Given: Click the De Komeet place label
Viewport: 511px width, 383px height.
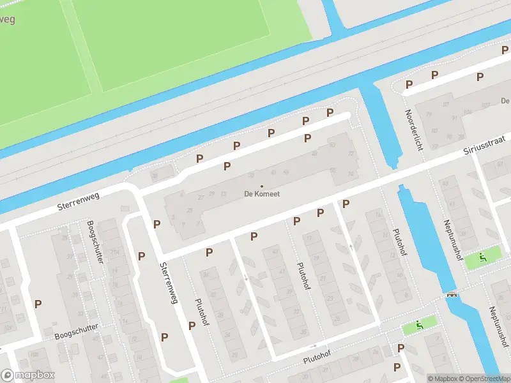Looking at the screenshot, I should pos(262,194).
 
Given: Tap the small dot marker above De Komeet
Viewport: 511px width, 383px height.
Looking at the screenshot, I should pos(262,186).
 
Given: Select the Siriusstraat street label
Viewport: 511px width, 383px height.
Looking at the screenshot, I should pos(484,146).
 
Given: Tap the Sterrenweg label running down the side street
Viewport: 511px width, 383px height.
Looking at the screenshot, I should pos(169,283).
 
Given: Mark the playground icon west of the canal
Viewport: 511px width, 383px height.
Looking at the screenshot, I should pos(420,325).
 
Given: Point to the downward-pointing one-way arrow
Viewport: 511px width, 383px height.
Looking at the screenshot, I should pos(247,278).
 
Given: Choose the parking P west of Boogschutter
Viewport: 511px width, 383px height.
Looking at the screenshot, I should pos(38,304).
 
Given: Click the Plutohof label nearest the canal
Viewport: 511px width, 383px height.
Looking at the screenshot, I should pos(400,243).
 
